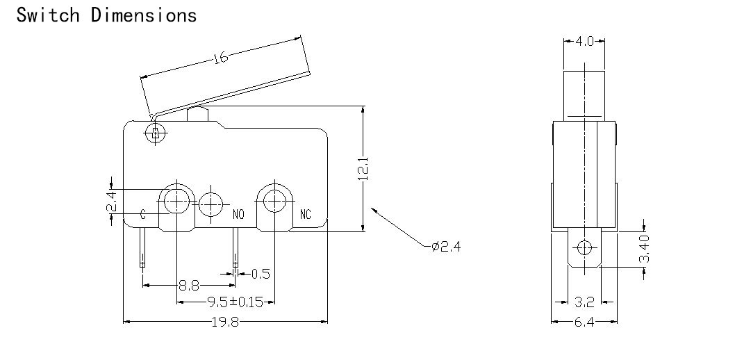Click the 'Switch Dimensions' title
[106, 15]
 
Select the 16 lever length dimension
[220, 57]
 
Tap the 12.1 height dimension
[363, 169]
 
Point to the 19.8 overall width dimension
[225, 322]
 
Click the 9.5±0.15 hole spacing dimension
[236, 302]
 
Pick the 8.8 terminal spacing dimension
[189, 285]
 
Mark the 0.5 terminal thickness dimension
[261, 274]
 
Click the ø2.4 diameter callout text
[446, 246]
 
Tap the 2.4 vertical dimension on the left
[112, 202]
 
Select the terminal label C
[143, 215]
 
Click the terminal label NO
[238, 215]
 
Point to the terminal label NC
[305, 215]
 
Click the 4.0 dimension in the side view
[584, 41]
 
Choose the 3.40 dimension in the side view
[645, 249]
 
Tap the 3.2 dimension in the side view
[584, 302]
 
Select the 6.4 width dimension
[584, 322]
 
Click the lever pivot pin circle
[155, 134]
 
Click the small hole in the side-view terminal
[584, 247]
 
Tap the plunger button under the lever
[197, 115]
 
